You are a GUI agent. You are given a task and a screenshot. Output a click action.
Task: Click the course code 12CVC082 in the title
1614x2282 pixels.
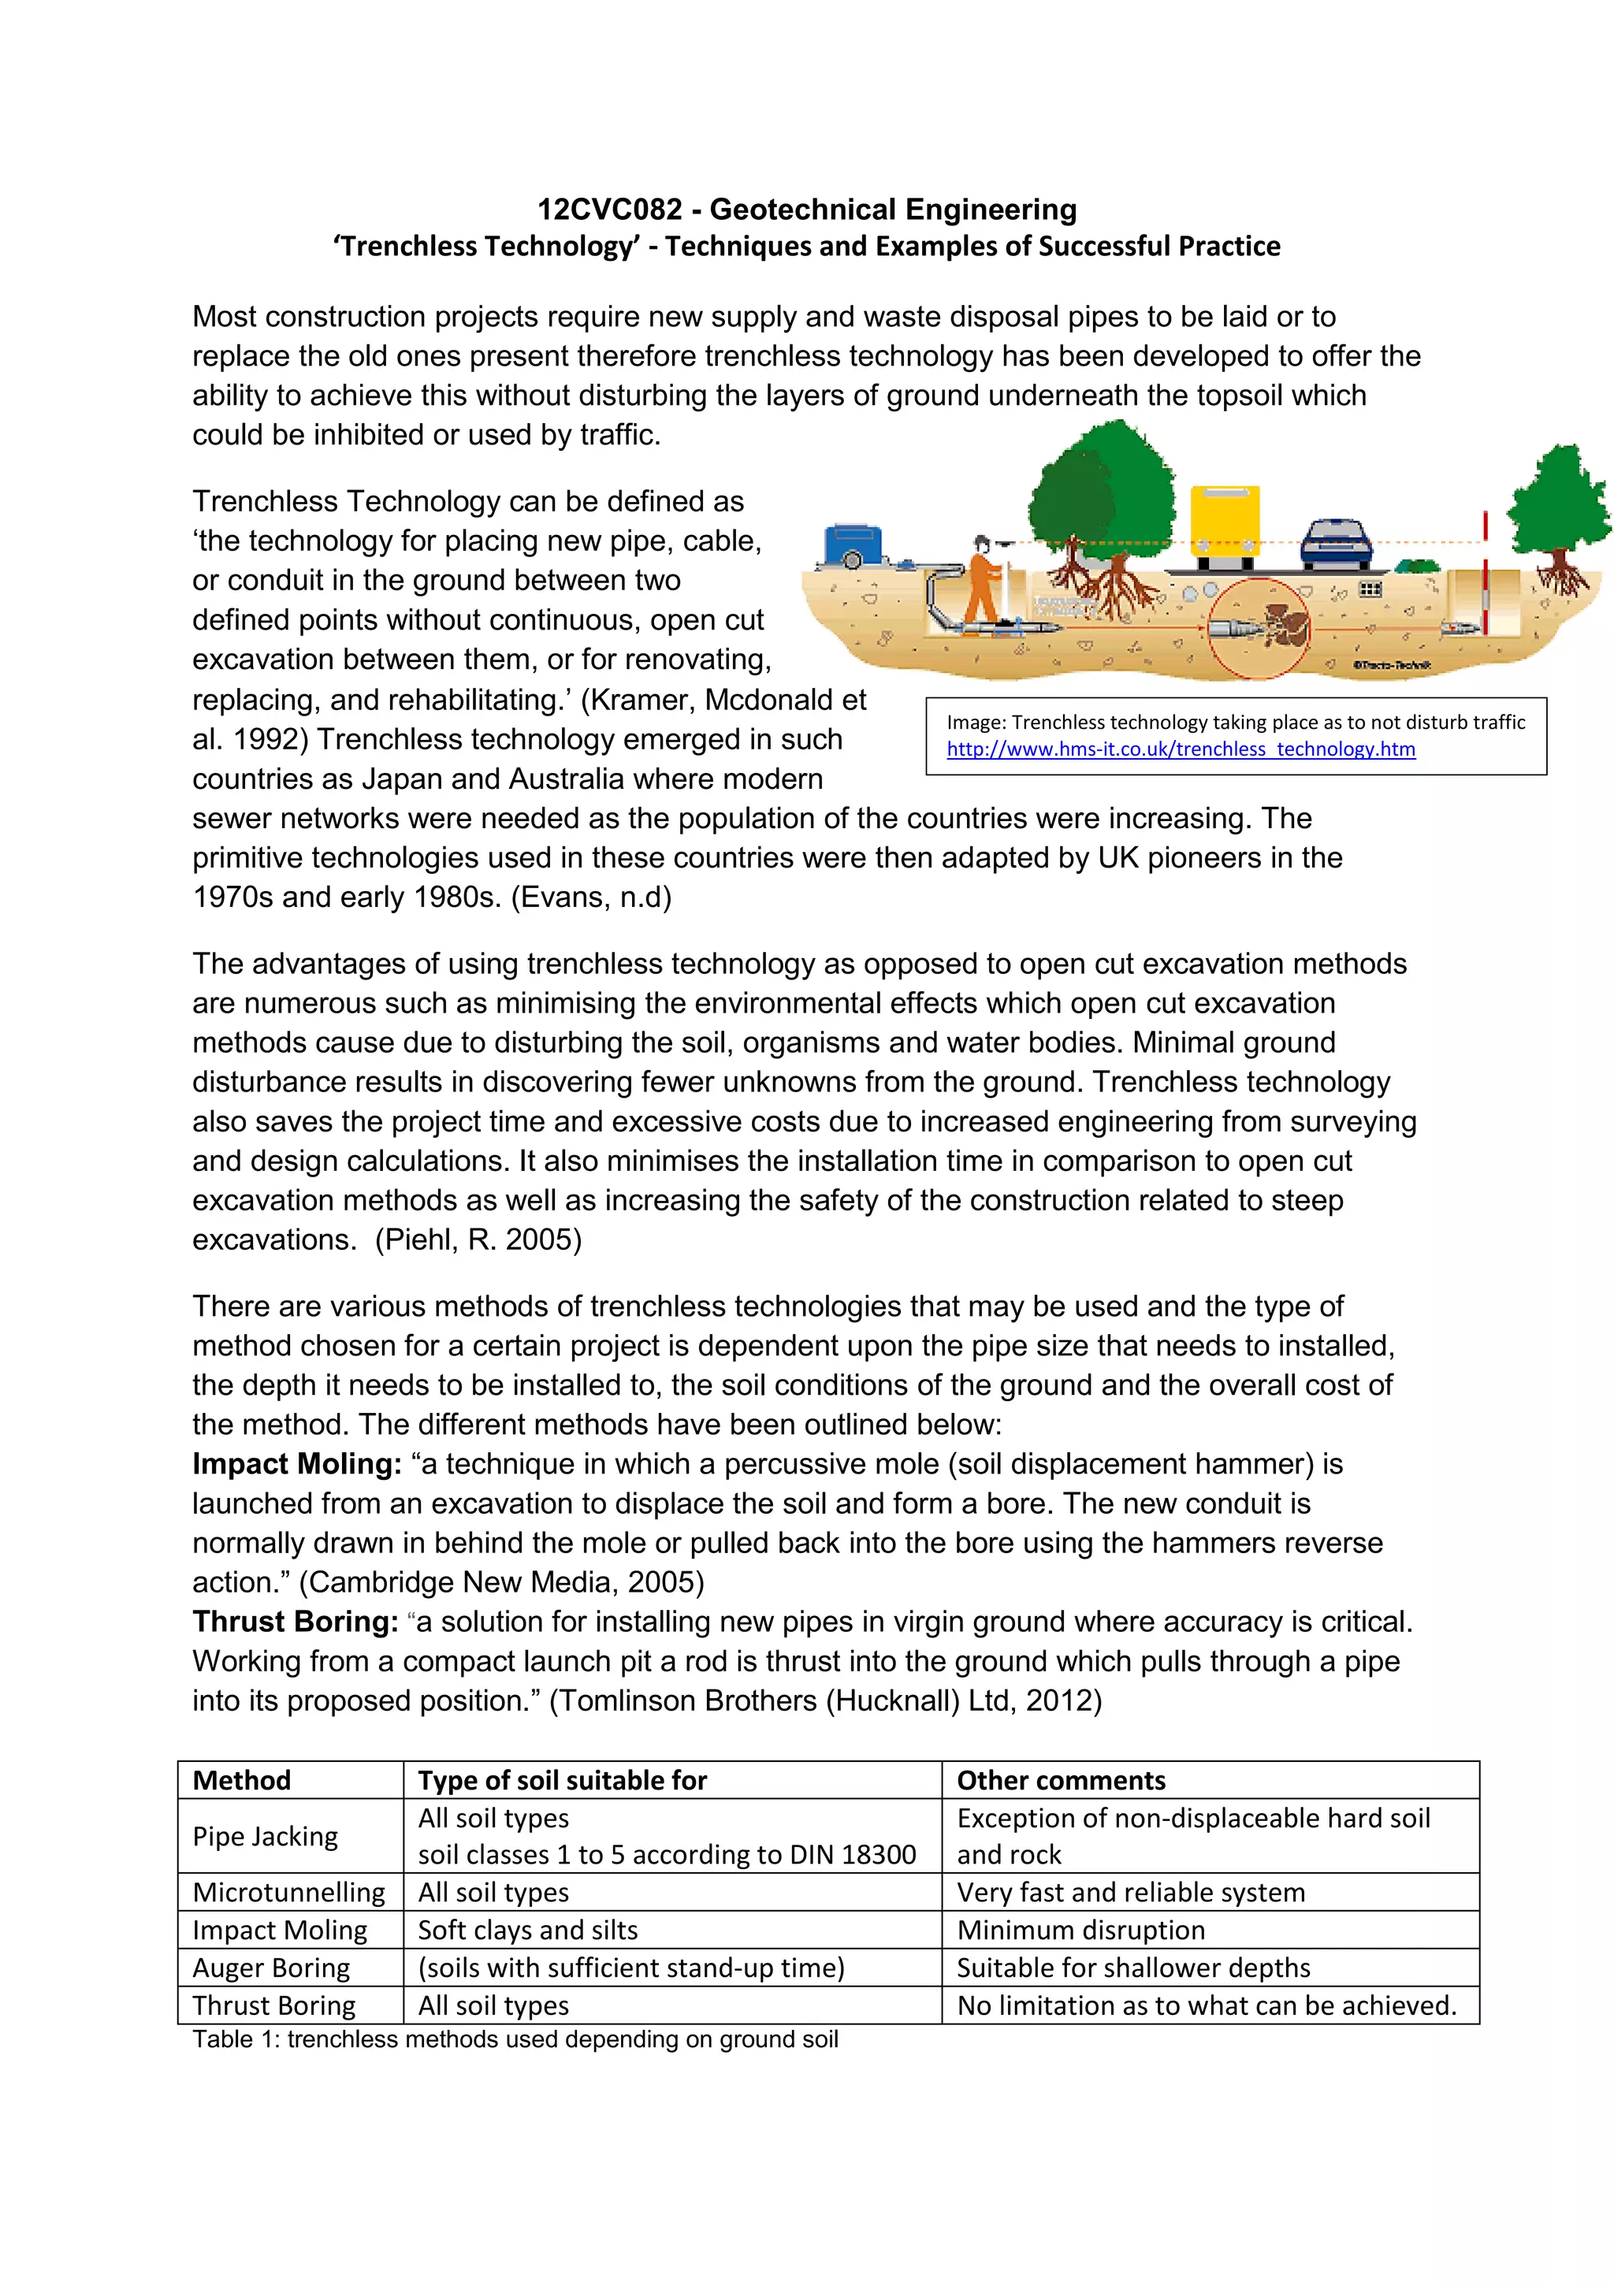(609, 210)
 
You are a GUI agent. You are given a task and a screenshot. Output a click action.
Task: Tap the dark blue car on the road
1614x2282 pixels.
(1337, 544)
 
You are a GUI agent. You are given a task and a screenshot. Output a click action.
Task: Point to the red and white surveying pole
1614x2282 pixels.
(1485, 571)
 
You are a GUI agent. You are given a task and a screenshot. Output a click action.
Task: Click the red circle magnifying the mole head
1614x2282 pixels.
(1259, 628)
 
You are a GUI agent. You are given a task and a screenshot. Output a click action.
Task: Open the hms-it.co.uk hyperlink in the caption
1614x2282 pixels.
(1181, 749)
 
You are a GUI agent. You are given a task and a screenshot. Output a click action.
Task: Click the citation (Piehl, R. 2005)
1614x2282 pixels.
(478, 1239)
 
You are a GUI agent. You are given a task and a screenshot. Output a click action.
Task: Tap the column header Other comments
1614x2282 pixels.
(1061, 1780)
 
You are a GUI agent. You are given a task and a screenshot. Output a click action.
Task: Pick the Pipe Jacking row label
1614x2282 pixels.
(266, 1836)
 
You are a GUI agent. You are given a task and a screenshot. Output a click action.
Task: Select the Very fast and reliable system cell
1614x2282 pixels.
(1130, 1893)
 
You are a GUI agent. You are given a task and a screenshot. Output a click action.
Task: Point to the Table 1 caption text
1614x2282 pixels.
(515, 2039)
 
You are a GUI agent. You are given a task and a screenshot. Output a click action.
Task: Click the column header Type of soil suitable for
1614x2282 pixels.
(563, 1780)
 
